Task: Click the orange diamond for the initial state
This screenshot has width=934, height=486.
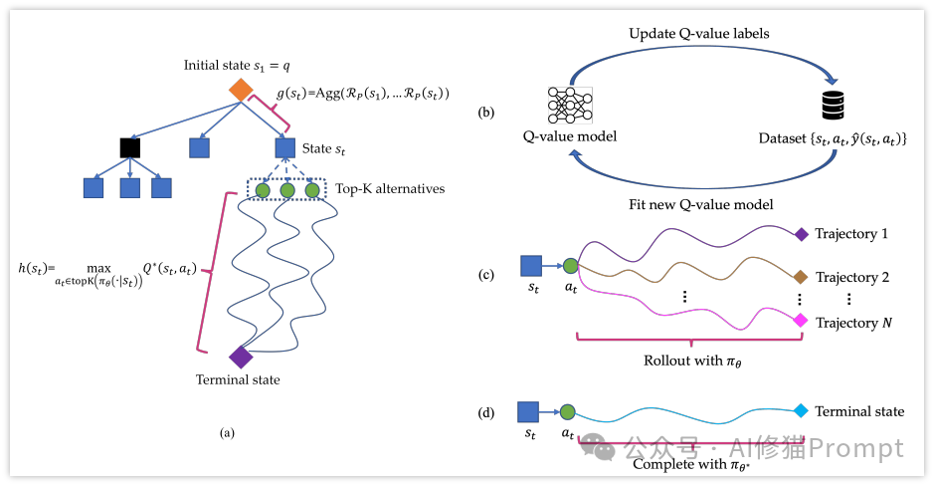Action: click(x=240, y=90)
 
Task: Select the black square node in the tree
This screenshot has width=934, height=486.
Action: click(x=129, y=147)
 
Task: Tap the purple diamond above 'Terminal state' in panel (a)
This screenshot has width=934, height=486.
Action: click(x=240, y=356)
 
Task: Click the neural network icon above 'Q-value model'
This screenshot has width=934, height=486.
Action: click(x=570, y=106)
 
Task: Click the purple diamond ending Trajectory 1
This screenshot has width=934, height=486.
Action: click(x=801, y=235)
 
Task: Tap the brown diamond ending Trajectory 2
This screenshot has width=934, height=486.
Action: click(x=801, y=277)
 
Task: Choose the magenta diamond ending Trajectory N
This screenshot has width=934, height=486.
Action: click(x=801, y=322)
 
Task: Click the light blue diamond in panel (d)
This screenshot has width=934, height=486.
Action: click(x=801, y=410)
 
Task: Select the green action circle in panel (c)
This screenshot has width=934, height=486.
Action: click(x=570, y=265)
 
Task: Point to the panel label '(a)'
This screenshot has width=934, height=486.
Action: click(x=228, y=433)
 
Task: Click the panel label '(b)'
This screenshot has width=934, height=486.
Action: click(x=486, y=113)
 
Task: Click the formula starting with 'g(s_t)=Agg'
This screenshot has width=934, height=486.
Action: click(x=363, y=94)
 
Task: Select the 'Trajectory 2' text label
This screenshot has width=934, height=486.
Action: click(x=851, y=277)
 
